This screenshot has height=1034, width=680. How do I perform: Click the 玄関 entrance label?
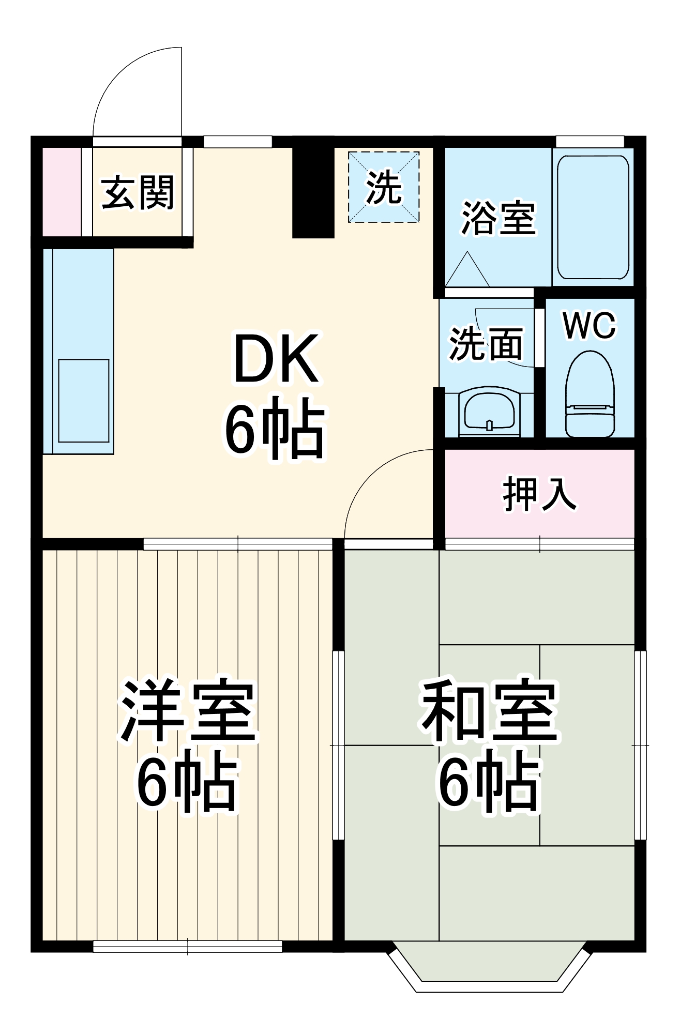[x=138, y=193]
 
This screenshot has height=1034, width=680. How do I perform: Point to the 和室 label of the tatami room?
[x=489, y=711]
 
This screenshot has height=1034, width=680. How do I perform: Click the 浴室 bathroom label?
[x=498, y=218]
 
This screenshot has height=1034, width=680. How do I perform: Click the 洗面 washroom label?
[x=486, y=344]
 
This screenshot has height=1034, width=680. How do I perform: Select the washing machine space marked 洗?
[x=384, y=187]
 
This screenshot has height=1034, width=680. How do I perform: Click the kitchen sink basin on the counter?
[x=84, y=401]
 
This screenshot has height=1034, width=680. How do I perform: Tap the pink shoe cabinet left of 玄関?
[x=61, y=192]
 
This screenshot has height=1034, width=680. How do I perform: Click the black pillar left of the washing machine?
[x=313, y=192]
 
